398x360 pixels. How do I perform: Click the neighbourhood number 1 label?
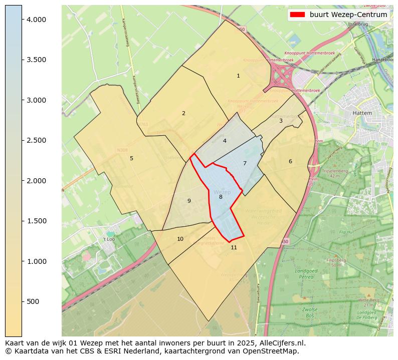coord(238,76)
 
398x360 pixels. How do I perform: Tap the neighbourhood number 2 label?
coord(183,113)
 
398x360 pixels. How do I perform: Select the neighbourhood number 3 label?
coord(281,121)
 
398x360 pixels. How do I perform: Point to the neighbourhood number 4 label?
coord(225,141)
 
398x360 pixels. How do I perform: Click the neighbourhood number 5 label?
coord(131,159)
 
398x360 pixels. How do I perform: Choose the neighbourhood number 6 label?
coord(290,161)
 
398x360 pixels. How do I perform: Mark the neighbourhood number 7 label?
coord(245,163)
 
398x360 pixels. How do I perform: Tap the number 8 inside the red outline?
coord(221,197)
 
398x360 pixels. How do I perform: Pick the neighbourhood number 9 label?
coord(189,201)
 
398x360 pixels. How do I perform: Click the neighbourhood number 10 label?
coord(180,239)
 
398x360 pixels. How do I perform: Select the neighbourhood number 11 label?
coord(234,247)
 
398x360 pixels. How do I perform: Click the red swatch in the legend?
coord(297,15)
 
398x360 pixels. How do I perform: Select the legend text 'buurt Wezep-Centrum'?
coord(348,15)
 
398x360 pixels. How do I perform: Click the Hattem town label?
coord(362,113)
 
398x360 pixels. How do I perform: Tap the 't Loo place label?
coord(109,239)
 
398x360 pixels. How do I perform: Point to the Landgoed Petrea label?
coord(304,273)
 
